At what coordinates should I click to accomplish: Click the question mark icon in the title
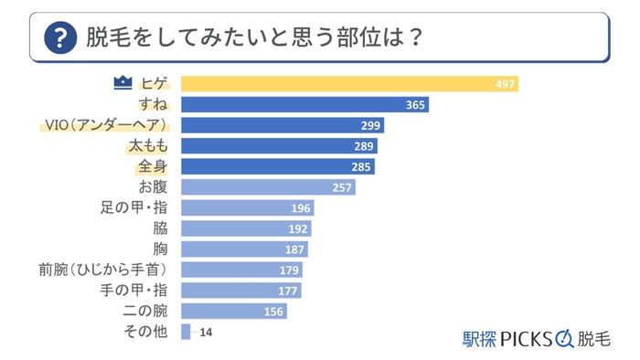click(59, 38)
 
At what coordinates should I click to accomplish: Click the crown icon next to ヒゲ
click(123, 84)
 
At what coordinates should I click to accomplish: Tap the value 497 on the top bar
click(505, 85)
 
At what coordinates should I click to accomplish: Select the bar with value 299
click(283, 125)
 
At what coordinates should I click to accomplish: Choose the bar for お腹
click(268, 187)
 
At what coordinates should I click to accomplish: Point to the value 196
click(301, 208)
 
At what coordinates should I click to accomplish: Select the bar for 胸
click(244, 249)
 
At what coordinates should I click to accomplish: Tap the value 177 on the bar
click(288, 291)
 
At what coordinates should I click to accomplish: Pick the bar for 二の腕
click(234, 311)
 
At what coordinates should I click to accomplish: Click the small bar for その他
click(186, 332)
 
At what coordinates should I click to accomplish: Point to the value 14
click(206, 333)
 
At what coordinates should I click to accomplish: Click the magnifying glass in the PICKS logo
click(563, 338)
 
